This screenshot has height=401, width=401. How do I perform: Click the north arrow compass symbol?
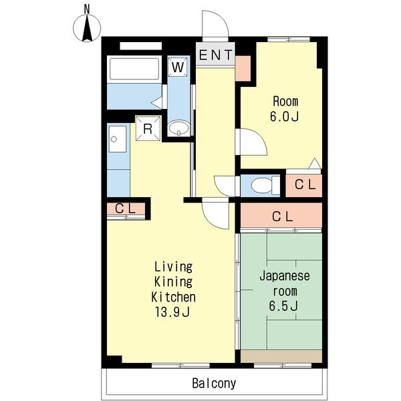tap(87, 28)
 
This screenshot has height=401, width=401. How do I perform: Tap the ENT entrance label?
tap(216, 55)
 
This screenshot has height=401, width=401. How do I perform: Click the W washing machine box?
tap(178, 67)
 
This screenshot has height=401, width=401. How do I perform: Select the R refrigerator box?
tap(148, 128)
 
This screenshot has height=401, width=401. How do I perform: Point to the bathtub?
tap(134, 69)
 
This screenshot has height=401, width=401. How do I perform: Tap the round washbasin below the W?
tap(178, 127)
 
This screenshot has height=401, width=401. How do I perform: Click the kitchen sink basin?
tap(117, 139)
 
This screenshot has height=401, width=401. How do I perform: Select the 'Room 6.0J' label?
tap(285, 109)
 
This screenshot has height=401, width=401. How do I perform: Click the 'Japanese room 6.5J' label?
tap(284, 291)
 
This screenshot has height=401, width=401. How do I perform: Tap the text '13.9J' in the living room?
tap(172, 312)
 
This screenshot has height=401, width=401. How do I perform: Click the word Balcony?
tap(214, 384)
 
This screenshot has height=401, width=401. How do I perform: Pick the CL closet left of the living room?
tap(126, 209)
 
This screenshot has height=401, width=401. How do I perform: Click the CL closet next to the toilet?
tap(304, 185)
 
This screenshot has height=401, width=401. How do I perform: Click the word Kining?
tap(173, 282)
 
